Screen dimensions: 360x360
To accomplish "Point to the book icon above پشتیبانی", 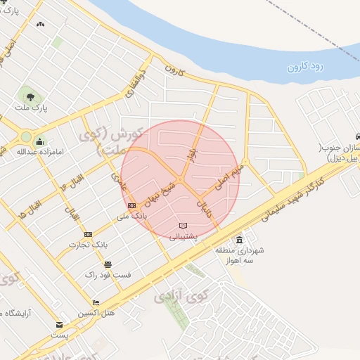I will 184,225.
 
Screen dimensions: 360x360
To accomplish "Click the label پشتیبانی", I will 184,237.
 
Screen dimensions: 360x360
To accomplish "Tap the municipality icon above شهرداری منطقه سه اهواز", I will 239,239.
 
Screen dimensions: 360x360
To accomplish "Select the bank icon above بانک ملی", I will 132,205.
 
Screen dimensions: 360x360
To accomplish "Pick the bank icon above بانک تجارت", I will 88,234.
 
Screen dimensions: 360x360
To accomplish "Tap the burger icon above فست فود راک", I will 107,264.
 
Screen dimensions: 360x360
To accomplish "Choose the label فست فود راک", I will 108,275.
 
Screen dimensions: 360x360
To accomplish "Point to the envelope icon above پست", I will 59,325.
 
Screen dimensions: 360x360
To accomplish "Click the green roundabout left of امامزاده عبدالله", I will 26,136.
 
